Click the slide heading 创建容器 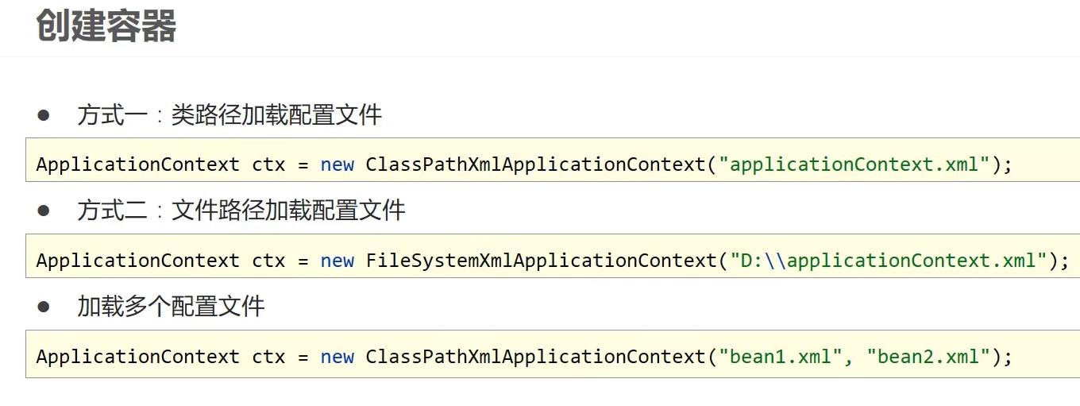pos(106,26)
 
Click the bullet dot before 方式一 pos(44,115)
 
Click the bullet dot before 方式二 pos(44,211)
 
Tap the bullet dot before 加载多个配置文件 pos(44,306)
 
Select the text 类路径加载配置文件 pos(276,116)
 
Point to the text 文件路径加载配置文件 pos(288,211)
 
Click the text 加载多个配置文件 pos(171,307)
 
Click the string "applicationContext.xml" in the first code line pos(854,165)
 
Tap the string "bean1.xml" pos(781,357)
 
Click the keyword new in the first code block pos(337,165)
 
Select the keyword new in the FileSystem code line pos(337,261)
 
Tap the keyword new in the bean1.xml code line pos(337,357)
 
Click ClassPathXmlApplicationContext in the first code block pos(535,165)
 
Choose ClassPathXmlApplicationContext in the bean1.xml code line pos(535,357)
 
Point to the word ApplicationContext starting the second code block pos(137,261)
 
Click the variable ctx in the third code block pos(268,357)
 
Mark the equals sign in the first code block pos(303,165)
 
